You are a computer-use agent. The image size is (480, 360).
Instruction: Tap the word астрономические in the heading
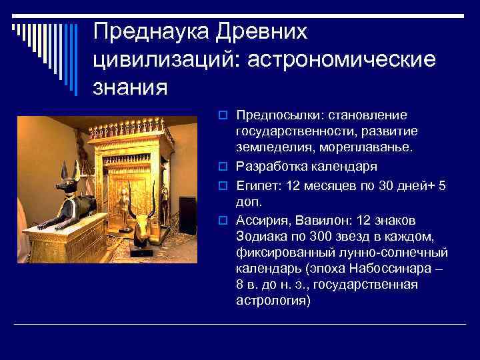(342, 59)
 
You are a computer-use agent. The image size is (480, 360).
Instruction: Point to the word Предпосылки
(273, 115)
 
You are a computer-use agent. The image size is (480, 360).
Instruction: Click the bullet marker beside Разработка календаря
(223, 165)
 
